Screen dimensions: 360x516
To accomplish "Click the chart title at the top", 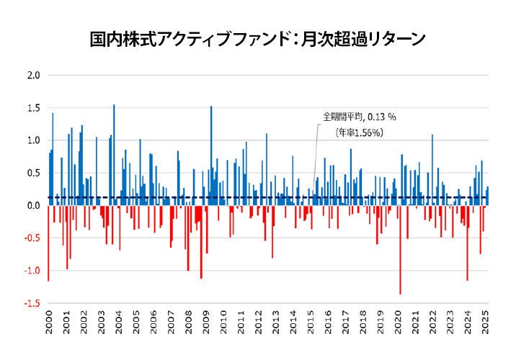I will pyautogui.click(x=257, y=37).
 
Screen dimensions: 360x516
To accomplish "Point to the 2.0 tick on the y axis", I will pyautogui.click(x=34, y=75).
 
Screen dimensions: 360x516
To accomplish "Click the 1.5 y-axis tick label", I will pyautogui.click(x=34, y=108).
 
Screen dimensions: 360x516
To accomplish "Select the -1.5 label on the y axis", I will pyautogui.click(x=32, y=304).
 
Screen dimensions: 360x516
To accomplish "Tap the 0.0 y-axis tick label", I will pyautogui.click(x=34, y=206).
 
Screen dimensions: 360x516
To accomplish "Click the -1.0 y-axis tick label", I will pyautogui.click(x=32, y=271).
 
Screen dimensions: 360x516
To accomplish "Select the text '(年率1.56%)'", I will pyautogui.click(x=358, y=132).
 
